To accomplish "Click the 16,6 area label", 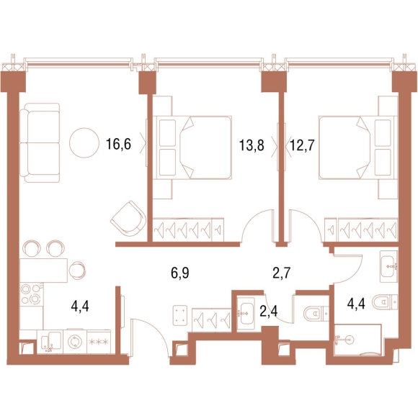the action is point(118,145).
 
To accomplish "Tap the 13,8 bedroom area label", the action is point(252,145).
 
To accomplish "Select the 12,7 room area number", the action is point(303,145).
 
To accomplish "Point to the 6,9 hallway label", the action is point(180,273).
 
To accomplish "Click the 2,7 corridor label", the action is point(282,273).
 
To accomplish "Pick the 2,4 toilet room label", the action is point(269,311).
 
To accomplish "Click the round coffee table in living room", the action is point(84,143).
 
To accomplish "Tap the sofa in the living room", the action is point(40,143).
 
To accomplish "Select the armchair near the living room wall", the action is point(129,218).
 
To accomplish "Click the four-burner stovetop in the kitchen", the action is point(32,294).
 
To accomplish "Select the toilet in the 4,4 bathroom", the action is point(385,302).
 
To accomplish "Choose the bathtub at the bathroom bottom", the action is point(357,340).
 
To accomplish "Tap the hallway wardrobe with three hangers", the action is point(212,320).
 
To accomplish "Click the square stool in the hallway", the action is point(180,316).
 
